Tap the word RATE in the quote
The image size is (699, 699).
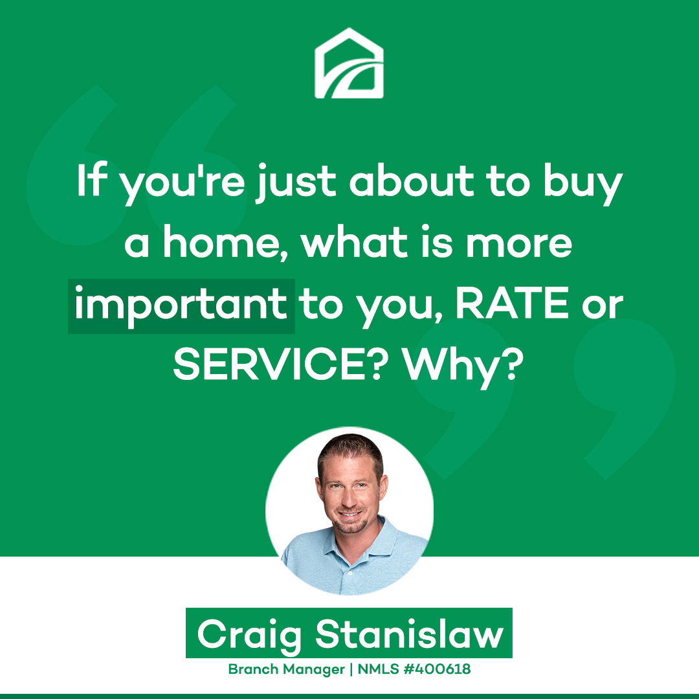512,303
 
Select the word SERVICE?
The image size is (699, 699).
278,364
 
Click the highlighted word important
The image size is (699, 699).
181,306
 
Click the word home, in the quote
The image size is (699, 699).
226,243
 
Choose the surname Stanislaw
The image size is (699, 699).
410,633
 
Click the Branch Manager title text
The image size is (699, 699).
286,669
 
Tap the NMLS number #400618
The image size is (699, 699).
437,669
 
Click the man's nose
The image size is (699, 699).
349,498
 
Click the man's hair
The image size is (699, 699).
350,451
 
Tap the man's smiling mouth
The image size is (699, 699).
350,514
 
